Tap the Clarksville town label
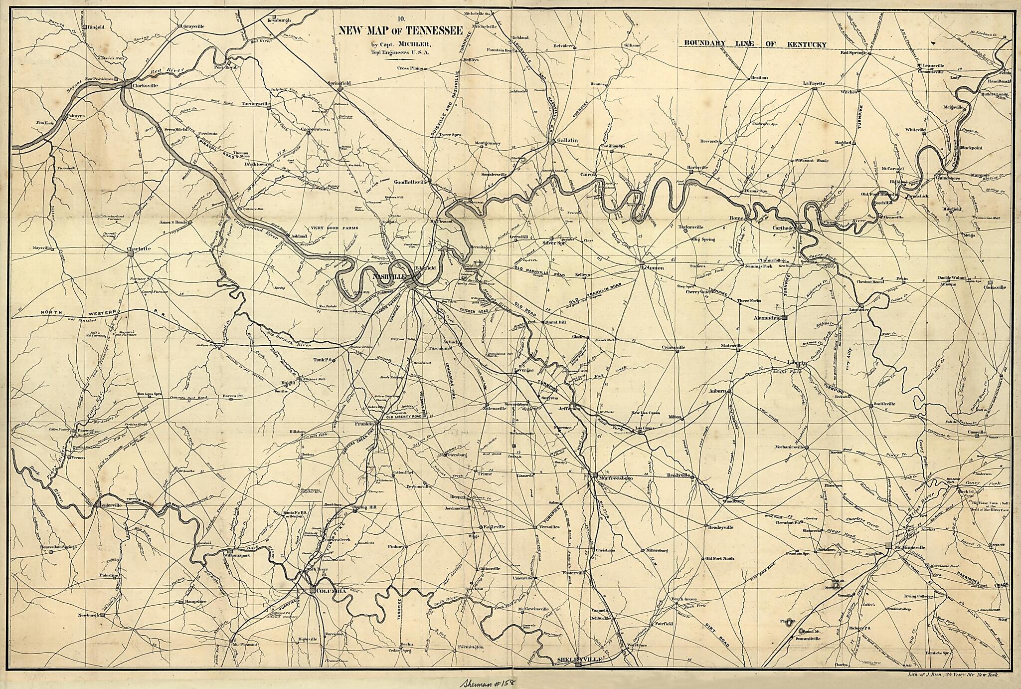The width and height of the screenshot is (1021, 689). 145,85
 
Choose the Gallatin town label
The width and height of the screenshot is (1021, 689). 568,140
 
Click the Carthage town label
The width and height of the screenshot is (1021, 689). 783,228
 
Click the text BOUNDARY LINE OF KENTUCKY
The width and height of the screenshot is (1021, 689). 753,44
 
